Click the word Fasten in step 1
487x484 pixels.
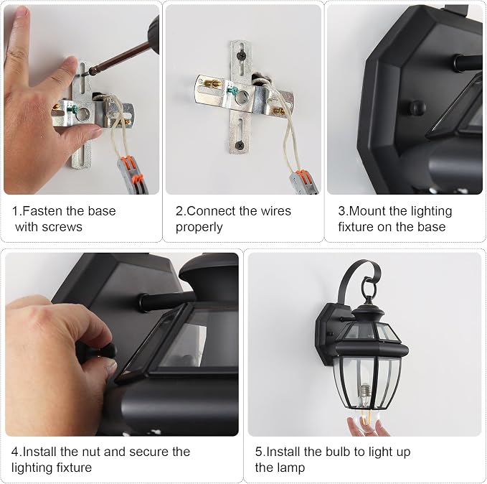pyautogui.click(x=42, y=211)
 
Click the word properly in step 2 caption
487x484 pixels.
pyautogui.click(x=199, y=228)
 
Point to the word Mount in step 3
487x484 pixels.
pyautogui.click(x=367, y=211)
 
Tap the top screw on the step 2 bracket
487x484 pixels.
pyautogui.click(x=241, y=56)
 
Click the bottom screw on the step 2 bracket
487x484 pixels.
pyautogui.click(x=240, y=145)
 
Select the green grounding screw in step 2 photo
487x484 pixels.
pyautogui.click(x=232, y=91)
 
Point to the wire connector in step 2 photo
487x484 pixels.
pyautogui.click(x=304, y=182)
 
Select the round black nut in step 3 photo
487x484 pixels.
pyautogui.click(x=417, y=108)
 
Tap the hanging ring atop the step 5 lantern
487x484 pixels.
pyautogui.click(x=369, y=288)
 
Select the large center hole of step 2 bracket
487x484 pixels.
pyautogui.click(x=242, y=98)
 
